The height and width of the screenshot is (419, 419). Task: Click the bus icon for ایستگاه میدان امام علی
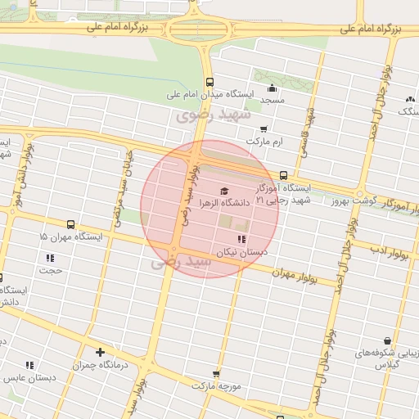coord(210,82)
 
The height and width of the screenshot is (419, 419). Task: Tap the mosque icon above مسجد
coord(272,88)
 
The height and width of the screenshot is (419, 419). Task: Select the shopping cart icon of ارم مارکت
coord(263,129)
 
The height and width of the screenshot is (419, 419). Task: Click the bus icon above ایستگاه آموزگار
coord(283,175)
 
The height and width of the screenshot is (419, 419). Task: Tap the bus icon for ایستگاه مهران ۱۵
coord(70,224)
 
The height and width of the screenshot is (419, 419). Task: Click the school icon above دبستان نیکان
coord(241,239)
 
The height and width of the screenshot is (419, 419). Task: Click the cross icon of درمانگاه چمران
coord(100,352)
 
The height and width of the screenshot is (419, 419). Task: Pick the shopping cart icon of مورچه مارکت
coord(216,373)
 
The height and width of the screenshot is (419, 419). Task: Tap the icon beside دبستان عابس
coord(29,366)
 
